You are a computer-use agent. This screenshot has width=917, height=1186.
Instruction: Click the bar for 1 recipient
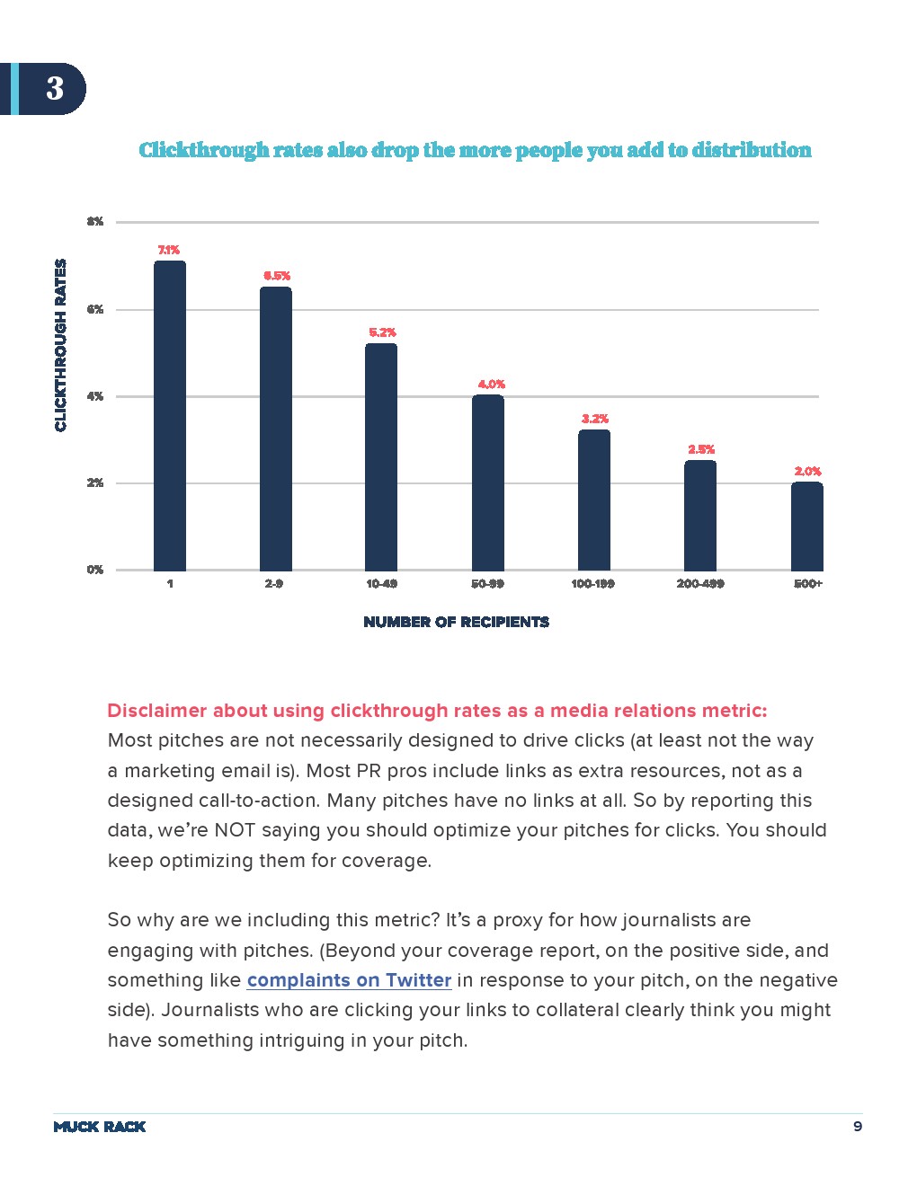click(x=170, y=415)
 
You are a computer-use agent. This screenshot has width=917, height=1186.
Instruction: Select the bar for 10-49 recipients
click(x=381, y=456)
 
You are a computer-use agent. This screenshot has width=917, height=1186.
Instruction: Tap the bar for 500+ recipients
click(x=806, y=526)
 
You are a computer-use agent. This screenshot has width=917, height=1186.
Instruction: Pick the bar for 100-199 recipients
click(x=594, y=500)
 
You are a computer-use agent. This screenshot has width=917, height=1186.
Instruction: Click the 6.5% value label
click(x=276, y=276)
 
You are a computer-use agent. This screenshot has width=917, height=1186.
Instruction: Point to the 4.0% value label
click(x=491, y=385)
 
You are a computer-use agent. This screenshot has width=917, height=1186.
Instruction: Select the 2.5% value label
click(x=701, y=449)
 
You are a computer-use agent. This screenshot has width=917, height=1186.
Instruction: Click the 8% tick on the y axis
click(x=95, y=222)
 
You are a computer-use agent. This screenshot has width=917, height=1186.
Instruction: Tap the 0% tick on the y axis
click(x=95, y=570)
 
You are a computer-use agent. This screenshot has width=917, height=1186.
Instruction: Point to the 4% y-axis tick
click(x=95, y=396)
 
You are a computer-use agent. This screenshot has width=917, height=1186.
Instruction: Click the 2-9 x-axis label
click(x=274, y=584)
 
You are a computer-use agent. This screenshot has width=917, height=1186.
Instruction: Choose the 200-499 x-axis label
click(x=700, y=584)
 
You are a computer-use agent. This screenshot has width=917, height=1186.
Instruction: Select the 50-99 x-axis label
click(x=487, y=584)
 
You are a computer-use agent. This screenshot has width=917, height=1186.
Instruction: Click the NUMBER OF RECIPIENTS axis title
click(x=456, y=622)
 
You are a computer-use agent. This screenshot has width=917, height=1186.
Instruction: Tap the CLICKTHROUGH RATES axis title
click(x=60, y=345)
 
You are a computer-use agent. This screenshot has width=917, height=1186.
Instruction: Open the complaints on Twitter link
click(x=349, y=980)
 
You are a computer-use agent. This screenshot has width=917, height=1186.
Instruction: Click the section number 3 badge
click(x=54, y=88)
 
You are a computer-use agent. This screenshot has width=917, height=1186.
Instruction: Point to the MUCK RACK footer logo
click(x=100, y=1127)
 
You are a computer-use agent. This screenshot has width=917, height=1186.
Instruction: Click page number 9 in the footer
click(x=857, y=1127)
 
